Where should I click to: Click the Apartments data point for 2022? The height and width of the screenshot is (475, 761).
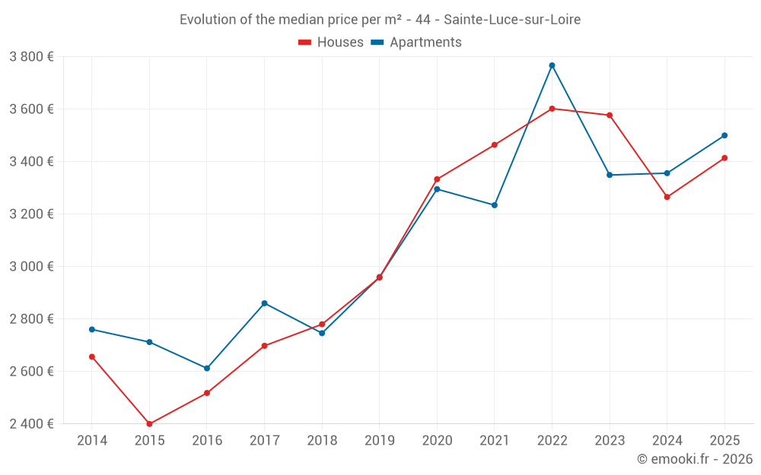[552, 65]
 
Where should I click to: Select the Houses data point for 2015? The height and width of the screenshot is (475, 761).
[149, 424]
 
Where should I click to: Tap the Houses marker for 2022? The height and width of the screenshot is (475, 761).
[552, 109]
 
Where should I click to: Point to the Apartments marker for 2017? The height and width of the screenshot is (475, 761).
[264, 303]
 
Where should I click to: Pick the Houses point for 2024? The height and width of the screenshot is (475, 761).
[667, 197]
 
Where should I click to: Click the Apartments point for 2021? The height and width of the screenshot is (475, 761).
[495, 205]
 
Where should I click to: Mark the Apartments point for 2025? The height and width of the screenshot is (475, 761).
[724, 135]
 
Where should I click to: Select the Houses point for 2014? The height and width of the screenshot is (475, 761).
[92, 356]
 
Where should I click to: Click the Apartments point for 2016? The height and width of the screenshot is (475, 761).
[207, 369]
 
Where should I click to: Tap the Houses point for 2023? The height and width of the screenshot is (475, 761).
[610, 116]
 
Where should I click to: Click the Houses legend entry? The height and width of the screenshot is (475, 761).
[331, 43]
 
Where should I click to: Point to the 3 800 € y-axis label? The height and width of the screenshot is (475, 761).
[31, 56]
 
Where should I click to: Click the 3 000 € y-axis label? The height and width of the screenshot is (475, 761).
[31, 266]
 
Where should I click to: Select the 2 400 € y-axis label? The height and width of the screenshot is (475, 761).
[31, 423]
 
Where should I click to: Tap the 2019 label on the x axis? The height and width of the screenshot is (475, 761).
[379, 440]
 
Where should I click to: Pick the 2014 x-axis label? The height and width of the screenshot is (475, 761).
[92, 440]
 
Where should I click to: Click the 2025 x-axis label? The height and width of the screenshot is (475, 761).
[724, 440]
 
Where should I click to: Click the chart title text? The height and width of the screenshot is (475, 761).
[380, 20]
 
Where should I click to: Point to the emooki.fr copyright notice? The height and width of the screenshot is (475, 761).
[694, 459]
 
